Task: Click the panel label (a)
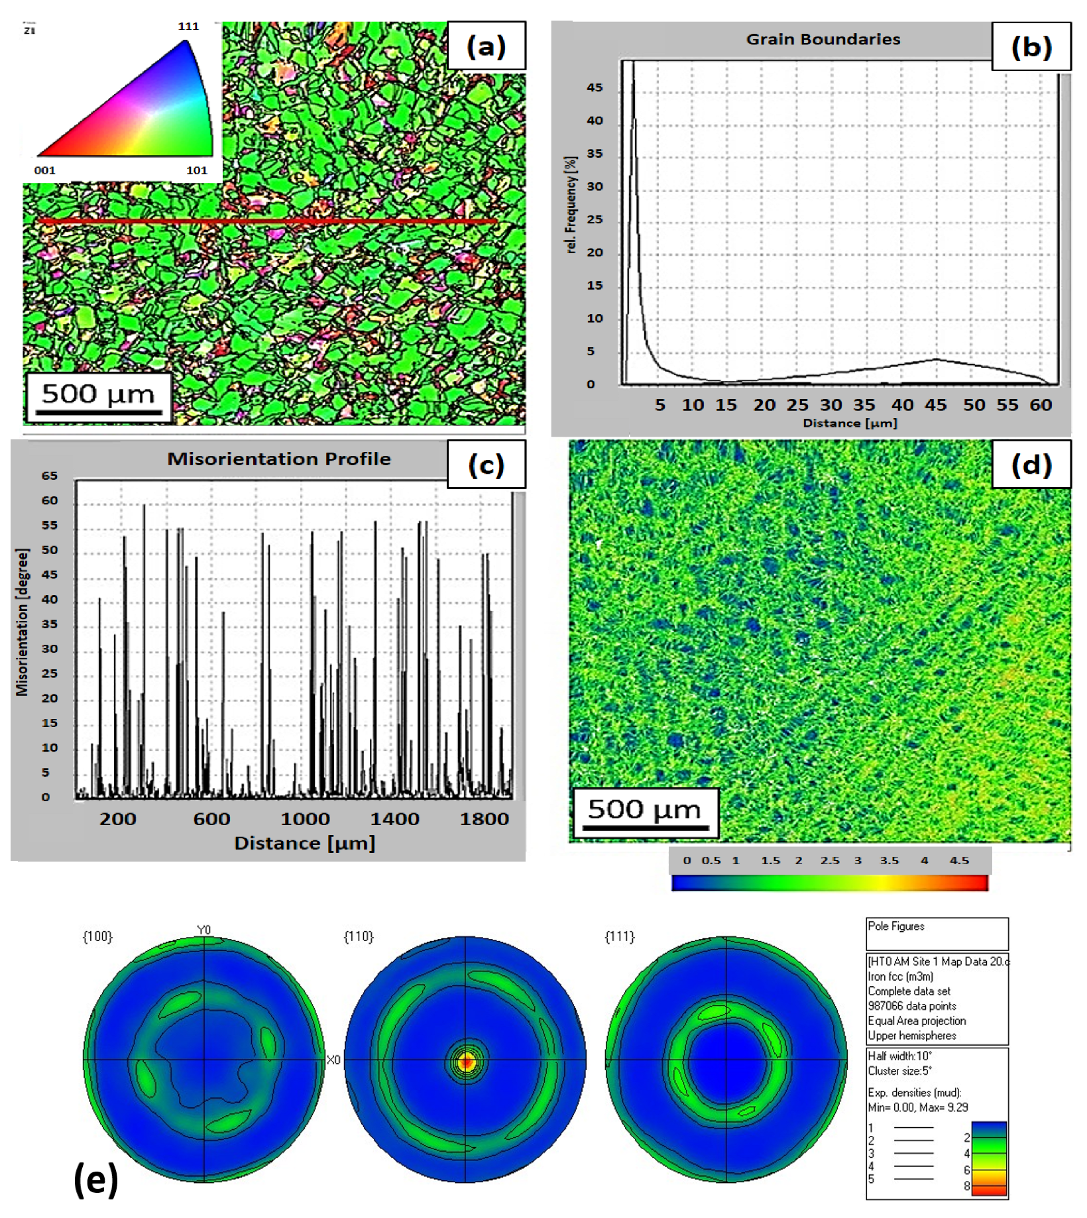pos(486,46)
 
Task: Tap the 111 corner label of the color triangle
pos(188,27)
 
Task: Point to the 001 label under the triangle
pos(44,170)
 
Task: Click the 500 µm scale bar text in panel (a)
pos(97,394)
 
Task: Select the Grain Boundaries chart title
pos(823,39)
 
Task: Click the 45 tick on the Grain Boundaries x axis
pos(935,404)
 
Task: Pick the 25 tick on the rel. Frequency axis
pos(595,219)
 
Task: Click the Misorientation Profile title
pos(278,459)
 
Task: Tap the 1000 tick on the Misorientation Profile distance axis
pos(305,818)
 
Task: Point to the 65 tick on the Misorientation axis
pos(50,476)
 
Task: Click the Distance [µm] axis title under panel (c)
pos(304,843)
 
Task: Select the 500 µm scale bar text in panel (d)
pos(644,809)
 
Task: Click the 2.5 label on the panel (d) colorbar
pos(829,860)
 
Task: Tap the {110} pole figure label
pos(359,936)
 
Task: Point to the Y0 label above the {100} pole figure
pos(204,930)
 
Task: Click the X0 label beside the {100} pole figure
pos(333,1060)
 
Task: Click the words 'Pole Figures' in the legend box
pos(895,926)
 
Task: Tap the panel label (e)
pos(96,1180)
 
